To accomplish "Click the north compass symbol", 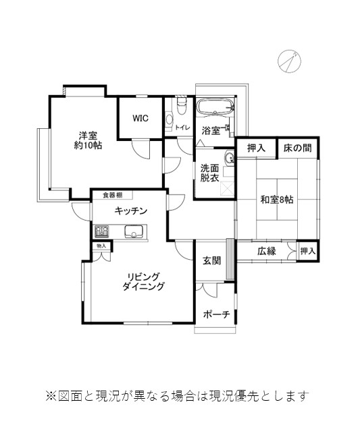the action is (x=289, y=61).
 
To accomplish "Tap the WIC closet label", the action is (x=140, y=118).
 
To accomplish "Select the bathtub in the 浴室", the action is (x=215, y=107).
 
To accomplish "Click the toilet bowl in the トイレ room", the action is (x=182, y=106).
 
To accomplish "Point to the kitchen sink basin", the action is (x=134, y=231).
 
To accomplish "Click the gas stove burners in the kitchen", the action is (x=101, y=231).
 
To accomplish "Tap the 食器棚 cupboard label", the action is (x=113, y=195).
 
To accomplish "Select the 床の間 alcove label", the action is (x=297, y=148).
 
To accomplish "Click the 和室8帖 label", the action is (x=277, y=200).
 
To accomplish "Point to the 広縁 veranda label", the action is (x=267, y=251).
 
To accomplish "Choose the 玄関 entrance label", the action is (x=211, y=260).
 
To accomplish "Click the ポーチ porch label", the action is (x=216, y=314).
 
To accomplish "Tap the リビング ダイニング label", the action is (x=143, y=281).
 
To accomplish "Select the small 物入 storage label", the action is (x=101, y=246).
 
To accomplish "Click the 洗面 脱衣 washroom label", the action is (x=209, y=173).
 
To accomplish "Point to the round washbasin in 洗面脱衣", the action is (x=229, y=158).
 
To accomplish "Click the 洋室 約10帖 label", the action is (x=88, y=140).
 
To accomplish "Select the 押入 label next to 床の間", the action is (x=256, y=148).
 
